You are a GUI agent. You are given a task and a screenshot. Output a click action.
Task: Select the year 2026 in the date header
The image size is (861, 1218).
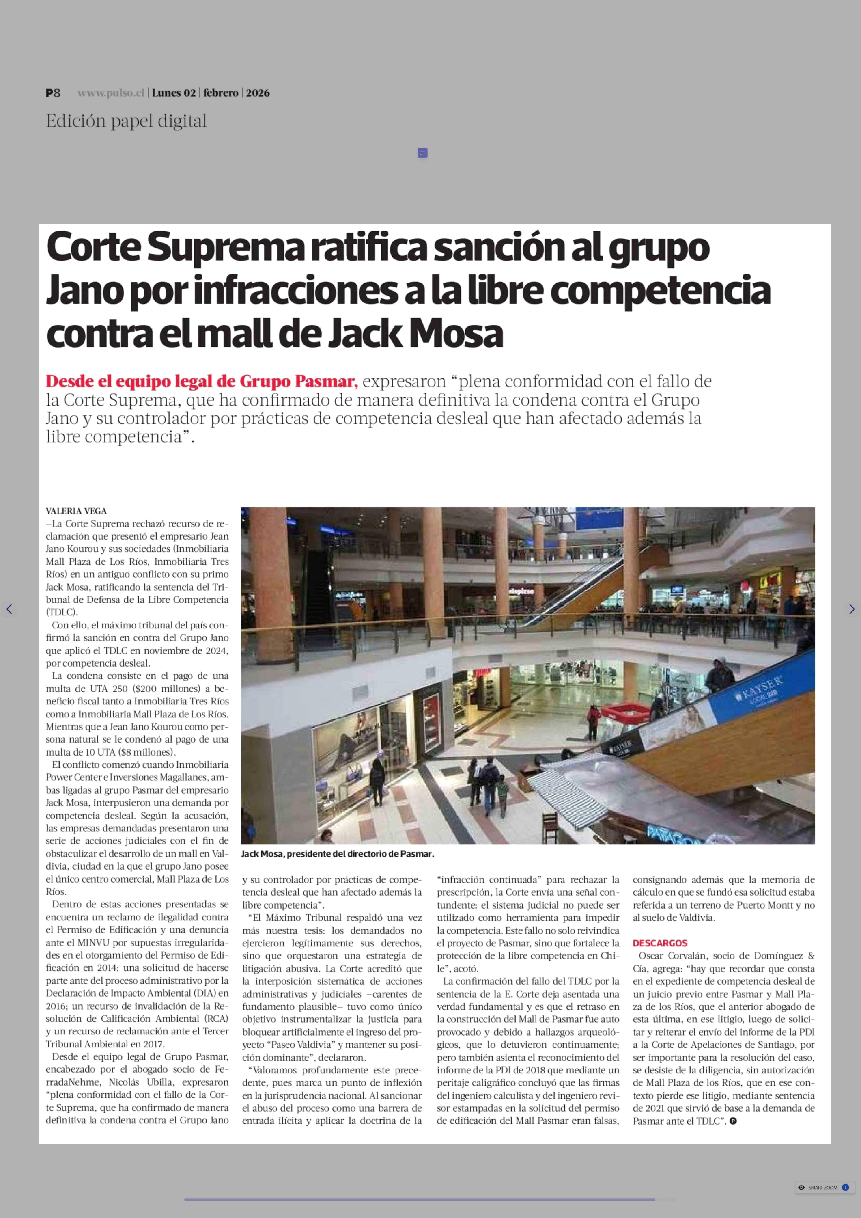[258, 93]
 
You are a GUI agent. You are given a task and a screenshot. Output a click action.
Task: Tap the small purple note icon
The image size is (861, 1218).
[423, 153]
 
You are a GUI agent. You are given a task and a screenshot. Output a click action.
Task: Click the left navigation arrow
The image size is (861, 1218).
[9, 609]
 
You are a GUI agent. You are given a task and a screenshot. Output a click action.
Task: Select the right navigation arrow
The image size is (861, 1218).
[852, 609]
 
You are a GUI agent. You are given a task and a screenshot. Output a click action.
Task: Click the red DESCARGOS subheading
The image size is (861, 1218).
[659, 943]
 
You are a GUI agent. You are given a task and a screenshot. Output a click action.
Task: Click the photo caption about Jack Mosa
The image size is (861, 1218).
[338, 854]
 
